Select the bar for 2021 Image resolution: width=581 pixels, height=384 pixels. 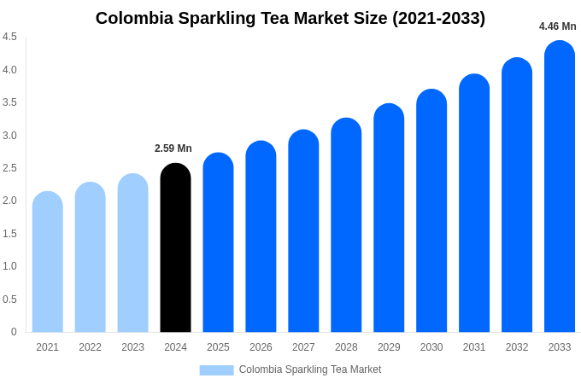pos(48,262)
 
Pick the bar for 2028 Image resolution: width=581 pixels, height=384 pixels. pos(346,225)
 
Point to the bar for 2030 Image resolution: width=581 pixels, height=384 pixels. pos(431,211)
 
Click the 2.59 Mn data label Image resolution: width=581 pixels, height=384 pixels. pos(173,148)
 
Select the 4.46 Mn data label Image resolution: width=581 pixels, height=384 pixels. pos(557,26)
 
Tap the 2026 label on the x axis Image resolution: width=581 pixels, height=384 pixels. pos(261,347)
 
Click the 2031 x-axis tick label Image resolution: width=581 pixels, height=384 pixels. pos(474,347)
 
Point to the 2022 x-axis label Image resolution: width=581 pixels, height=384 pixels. pos(90,347)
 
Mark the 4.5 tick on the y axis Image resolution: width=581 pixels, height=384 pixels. pos(9,37)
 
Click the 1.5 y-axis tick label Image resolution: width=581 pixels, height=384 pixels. pos(9,234)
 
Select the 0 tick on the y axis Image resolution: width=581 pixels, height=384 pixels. pos(14,332)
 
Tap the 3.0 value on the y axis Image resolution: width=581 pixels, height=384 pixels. pos(9,136)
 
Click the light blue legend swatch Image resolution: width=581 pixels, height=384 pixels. pos(216,370)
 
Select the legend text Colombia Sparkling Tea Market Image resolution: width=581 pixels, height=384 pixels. pos(310,369)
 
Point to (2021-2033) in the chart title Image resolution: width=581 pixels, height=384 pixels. pos(438,18)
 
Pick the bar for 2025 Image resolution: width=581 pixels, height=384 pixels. pos(218,242)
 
